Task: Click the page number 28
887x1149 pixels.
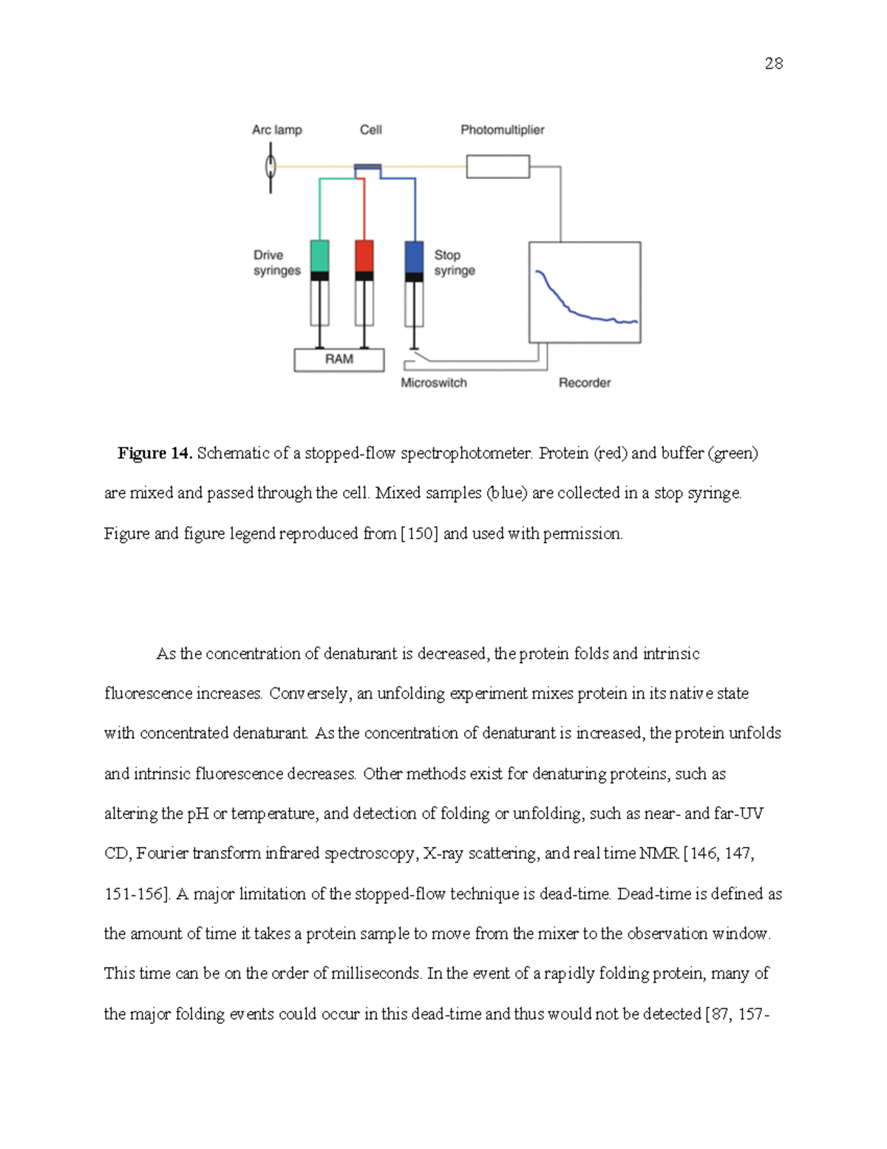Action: tap(773, 64)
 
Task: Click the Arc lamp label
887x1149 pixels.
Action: tap(276, 130)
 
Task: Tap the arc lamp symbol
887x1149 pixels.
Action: tap(271, 167)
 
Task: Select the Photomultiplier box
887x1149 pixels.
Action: tap(497, 166)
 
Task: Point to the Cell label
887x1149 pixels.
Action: tap(370, 130)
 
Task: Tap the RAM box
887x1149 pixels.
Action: tap(339, 360)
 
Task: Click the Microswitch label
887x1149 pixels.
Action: tap(434, 383)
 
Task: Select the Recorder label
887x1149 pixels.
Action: tap(584, 383)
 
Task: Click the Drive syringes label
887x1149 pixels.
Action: tap(276, 263)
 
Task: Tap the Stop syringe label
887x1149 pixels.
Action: tap(454, 263)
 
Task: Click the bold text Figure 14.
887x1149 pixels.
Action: tap(154, 454)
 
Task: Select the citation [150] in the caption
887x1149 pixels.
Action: tap(418, 533)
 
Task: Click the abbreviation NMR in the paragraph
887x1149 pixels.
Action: tap(659, 854)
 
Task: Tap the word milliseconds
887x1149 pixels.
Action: tap(375, 974)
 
